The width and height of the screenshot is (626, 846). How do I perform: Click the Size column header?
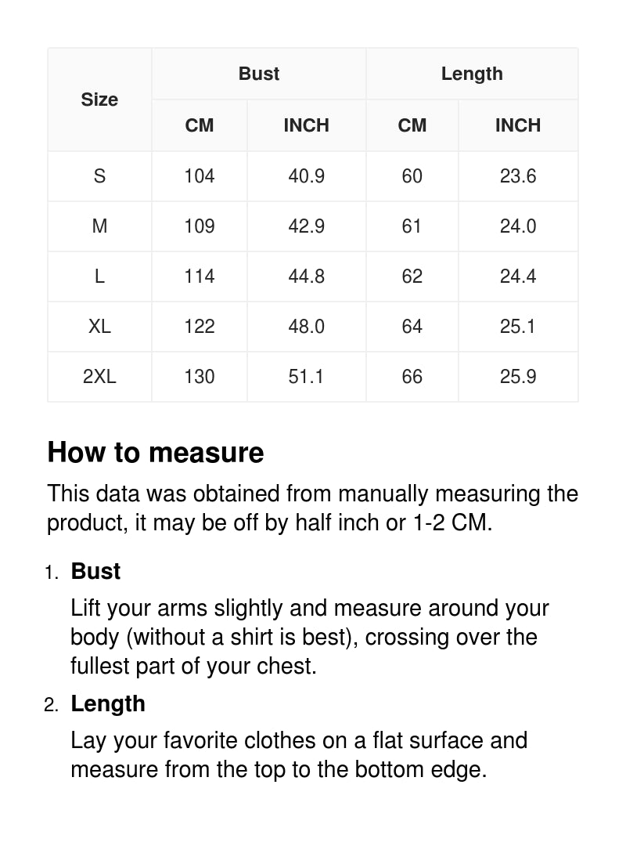point(99,99)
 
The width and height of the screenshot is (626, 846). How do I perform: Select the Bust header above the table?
point(259,74)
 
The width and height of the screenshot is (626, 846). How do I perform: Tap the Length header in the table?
point(472,74)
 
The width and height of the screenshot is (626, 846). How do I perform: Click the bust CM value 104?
point(200,176)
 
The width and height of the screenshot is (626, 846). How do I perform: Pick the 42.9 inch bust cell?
point(306,226)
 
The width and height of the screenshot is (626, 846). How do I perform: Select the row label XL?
point(99,327)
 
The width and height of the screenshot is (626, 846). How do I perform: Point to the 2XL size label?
point(99,377)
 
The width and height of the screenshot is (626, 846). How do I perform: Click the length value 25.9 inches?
point(518,377)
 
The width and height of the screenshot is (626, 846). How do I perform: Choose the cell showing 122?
point(200,327)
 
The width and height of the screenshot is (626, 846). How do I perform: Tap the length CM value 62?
point(412,277)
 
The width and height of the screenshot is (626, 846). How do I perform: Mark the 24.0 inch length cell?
point(518,226)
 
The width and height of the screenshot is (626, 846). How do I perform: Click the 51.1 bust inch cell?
point(306,377)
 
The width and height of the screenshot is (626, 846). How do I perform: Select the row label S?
point(99,176)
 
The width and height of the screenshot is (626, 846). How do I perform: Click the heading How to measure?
point(156,453)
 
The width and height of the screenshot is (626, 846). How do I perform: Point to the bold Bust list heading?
point(95,571)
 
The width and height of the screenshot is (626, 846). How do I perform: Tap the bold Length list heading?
point(108,703)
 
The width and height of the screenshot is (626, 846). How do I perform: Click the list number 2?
point(51,705)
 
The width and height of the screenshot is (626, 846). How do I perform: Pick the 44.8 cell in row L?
point(306,277)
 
